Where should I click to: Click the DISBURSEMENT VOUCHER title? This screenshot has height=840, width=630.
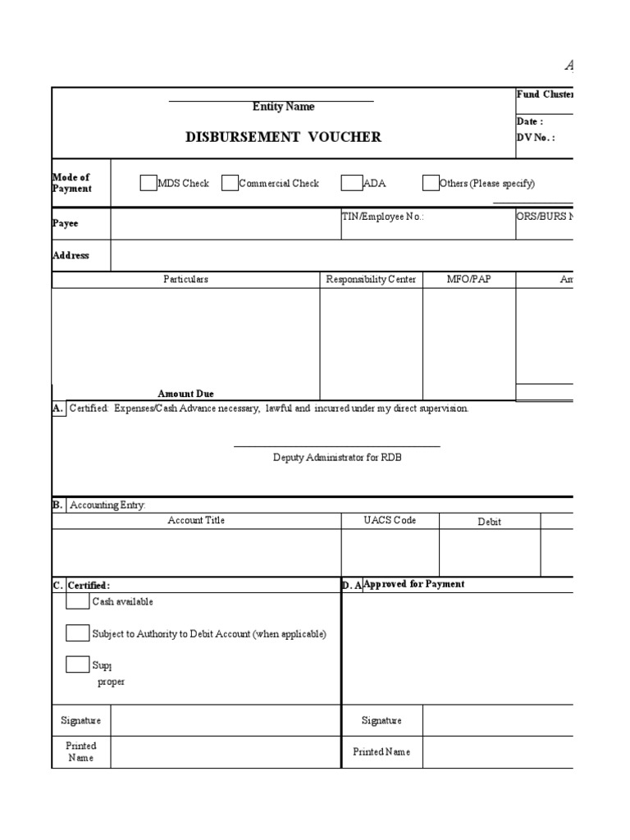283,137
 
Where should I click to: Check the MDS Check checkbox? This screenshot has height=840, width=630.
148,183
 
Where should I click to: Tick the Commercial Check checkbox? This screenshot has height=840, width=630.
230,183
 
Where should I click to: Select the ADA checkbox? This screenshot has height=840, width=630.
352,183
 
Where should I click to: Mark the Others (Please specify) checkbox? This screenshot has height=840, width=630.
431,183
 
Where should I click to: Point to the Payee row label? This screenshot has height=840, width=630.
66,223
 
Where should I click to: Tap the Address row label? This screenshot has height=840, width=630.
71,255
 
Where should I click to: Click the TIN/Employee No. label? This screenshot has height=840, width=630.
382,217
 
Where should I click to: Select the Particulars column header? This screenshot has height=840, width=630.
185,280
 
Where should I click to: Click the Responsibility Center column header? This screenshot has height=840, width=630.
371,280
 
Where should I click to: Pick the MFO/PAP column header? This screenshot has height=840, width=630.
468,280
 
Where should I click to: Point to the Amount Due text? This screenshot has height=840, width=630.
185,394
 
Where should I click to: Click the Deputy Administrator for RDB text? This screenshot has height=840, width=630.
337,458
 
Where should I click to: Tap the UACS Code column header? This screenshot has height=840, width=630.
390,521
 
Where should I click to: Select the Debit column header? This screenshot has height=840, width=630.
489,522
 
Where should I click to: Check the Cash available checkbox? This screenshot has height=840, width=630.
77,601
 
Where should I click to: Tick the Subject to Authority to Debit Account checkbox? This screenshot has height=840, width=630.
77,633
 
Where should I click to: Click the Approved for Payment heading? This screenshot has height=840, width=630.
413,584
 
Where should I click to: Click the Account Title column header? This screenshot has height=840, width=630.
196,521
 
